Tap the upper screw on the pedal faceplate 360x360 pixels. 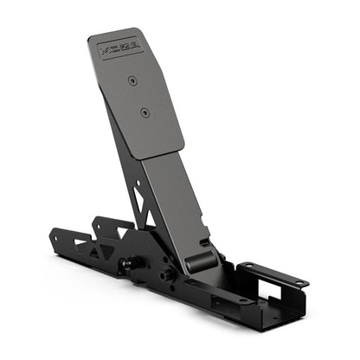click(x=132, y=80)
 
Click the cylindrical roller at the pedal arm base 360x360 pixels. click(x=200, y=256)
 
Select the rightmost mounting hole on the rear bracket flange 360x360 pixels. click(x=298, y=282)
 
